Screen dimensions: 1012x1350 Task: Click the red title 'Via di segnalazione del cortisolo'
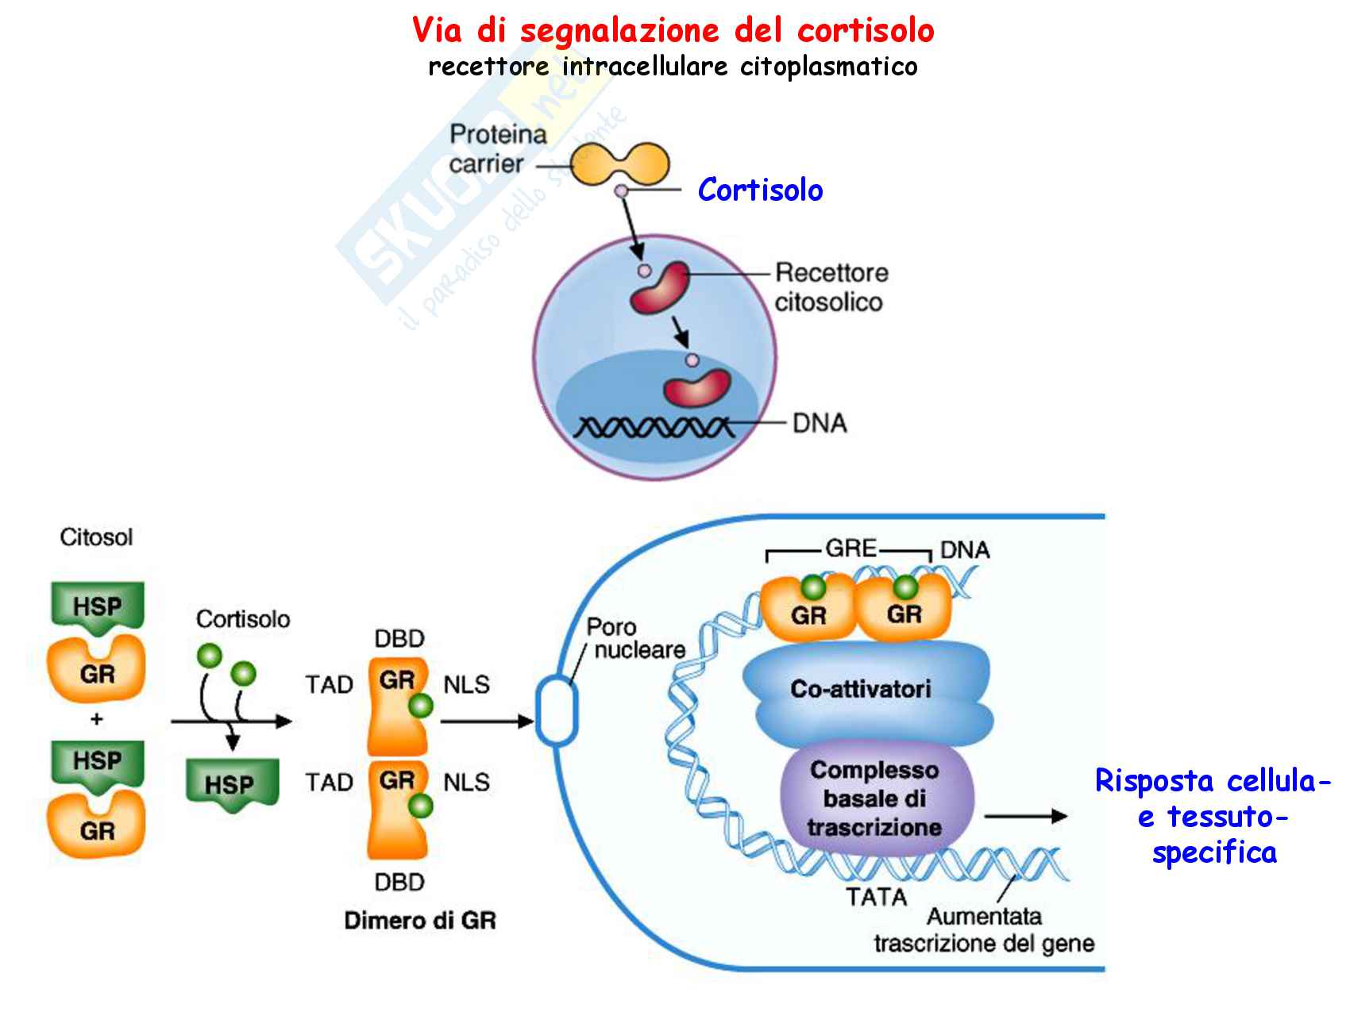(x=673, y=31)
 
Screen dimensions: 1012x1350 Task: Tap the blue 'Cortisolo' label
(x=760, y=190)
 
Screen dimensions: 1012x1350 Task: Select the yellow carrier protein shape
(x=621, y=163)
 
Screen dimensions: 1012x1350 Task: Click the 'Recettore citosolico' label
(x=830, y=287)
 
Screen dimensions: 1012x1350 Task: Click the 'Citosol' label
(x=96, y=537)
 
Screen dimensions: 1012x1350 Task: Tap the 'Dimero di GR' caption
(x=420, y=921)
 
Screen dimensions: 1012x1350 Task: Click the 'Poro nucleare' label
(x=634, y=638)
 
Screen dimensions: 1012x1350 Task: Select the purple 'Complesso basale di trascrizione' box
(x=874, y=798)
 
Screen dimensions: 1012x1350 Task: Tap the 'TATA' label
(x=877, y=898)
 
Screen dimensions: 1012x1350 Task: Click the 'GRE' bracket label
(x=850, y=548)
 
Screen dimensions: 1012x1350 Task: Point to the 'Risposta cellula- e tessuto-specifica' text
(x=1213, y=817)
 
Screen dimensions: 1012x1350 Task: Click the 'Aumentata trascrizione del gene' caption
(x=984, y=930)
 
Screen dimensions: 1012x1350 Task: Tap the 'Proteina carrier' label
(x=498, y=149)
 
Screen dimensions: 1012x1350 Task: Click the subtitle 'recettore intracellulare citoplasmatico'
(x=673, y=66)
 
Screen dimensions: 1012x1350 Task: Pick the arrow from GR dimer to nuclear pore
(x=485, y=721)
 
